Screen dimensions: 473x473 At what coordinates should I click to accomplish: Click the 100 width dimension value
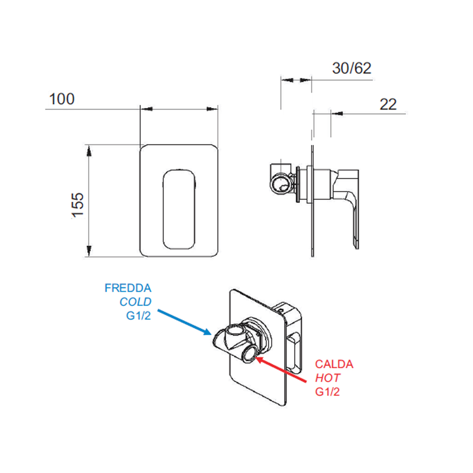click(x=62, y=99)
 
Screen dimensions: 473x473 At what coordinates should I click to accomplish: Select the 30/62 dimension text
click(x=351, y=68)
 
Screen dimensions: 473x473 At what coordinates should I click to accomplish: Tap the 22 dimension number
click(x=388, y=104)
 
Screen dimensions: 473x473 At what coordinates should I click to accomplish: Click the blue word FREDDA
click(x=128, y=288)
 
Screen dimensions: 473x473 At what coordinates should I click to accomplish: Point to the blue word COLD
click(x=135, y=302)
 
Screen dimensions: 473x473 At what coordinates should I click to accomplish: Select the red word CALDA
click(x=334, y=364)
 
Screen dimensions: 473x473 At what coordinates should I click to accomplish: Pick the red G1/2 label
click(x=327, y=392)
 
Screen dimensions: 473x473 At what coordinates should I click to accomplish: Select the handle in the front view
click(x=179, y=209)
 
